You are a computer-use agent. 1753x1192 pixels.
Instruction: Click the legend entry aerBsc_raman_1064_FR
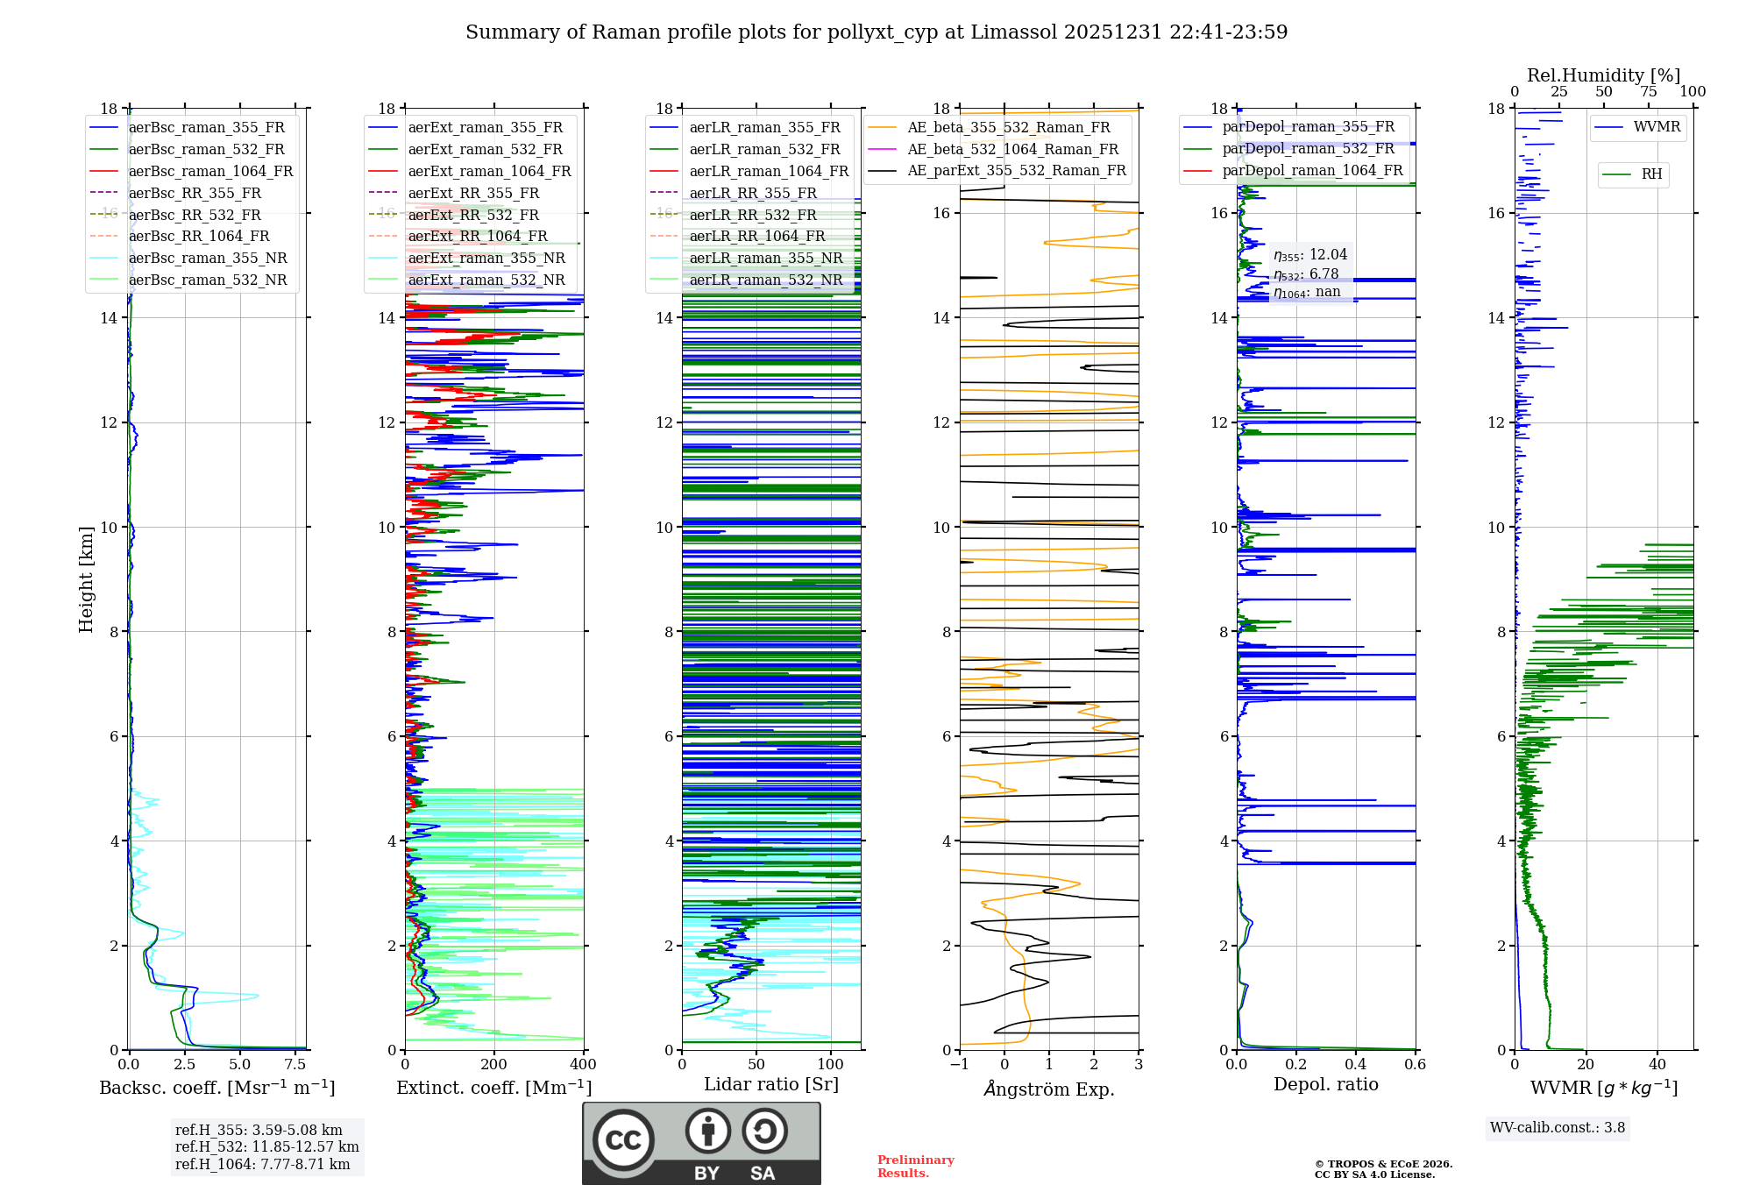coord(210,172)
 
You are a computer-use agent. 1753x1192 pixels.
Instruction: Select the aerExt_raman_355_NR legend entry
coord(486,259)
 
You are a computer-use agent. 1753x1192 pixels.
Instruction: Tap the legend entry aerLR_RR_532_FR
coord(753,215)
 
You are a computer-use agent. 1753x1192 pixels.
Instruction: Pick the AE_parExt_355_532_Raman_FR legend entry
coord(1017,171)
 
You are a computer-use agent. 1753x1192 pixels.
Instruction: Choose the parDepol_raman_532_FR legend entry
coord(1308,149)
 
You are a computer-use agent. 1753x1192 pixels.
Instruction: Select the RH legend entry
coord(1651,174)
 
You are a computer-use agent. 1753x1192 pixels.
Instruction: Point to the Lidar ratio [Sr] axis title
coord(770,1085)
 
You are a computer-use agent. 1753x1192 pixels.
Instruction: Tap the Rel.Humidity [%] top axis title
coord(1603,75)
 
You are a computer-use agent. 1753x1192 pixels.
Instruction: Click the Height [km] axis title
coord(86,579)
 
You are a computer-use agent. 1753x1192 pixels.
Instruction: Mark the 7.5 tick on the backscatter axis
coord(295,1065)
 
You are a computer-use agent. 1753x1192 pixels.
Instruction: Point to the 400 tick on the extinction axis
coord(583,1065)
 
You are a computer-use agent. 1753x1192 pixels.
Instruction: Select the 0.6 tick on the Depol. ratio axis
coord(1415,1065)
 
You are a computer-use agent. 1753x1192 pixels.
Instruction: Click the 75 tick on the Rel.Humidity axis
coord(1649,92)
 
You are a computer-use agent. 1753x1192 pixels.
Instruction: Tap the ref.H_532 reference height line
coord(266,1147)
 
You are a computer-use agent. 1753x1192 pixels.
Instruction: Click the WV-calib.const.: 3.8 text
coord(1558,1128)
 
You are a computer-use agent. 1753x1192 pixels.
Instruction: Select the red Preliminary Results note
coord(915,1167)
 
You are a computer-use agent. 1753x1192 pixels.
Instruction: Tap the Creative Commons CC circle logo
coord(623,1140)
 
